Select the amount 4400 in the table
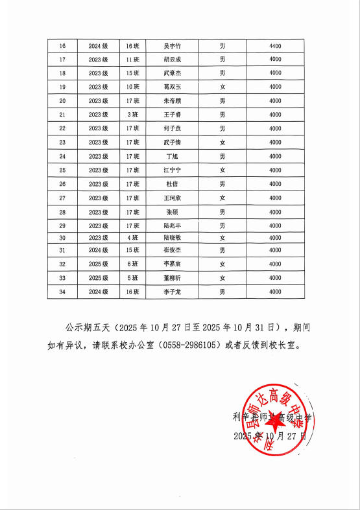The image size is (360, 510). [x=274, y=46]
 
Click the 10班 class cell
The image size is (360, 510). [x=133, y=87]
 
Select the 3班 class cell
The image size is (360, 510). [x=133, y=115]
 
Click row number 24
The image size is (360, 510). [x=62, y=156]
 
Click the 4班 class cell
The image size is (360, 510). [x=133, y=238]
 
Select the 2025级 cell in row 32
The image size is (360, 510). [x=98, y=264]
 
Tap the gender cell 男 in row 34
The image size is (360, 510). [x=222, y=292]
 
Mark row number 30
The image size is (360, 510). [x=62, y=238]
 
